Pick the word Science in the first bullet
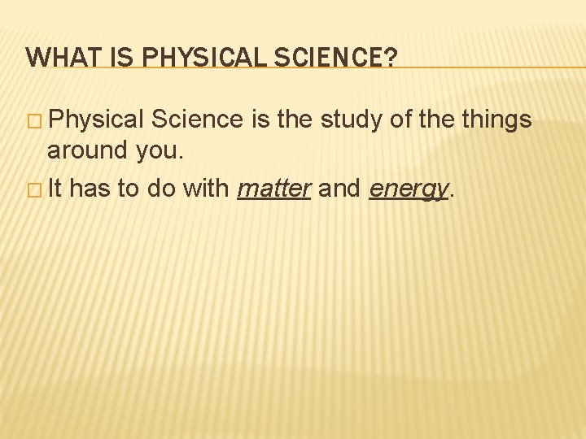[x=198, y=120]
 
